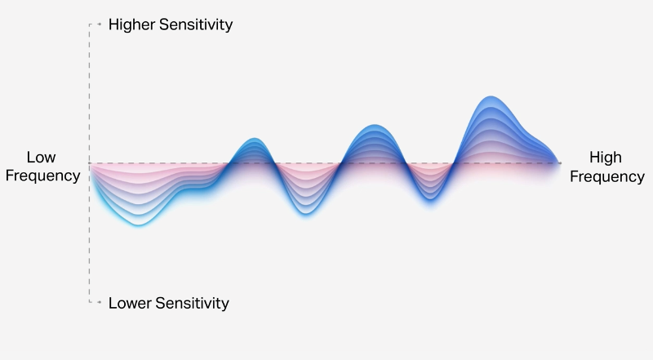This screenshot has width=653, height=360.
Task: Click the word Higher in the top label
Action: pos(131,24)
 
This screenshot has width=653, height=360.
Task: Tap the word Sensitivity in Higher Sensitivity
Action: pos(196,24)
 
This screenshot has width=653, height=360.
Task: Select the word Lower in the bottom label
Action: pos(130,303)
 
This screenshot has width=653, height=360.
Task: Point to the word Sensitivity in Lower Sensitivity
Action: pos(192,303)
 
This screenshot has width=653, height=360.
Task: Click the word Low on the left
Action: pos(42,157)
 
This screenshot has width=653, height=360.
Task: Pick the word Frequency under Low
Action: pos(42,176)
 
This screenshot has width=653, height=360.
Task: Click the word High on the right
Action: pos(606,158)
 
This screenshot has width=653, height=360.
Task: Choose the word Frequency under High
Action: pos(607,176)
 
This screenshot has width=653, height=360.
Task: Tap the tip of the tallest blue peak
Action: pos(491,96)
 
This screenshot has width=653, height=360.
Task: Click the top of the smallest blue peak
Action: pos(254,138)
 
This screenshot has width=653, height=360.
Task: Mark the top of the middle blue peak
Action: pos(374,125)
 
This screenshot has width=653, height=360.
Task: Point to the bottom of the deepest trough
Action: pos(138,225)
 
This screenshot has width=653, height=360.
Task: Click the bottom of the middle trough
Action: pos(305,214)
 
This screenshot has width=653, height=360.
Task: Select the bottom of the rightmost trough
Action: pos(431,200)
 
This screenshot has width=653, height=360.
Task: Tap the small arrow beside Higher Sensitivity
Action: pos(99,24)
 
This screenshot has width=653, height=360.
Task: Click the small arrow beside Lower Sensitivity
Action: pos(99,302)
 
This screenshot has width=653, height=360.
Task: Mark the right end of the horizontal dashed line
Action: pos(560,163)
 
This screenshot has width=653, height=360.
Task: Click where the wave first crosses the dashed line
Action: pos(229,163)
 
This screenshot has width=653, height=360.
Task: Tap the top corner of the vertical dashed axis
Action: pos(90,24)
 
